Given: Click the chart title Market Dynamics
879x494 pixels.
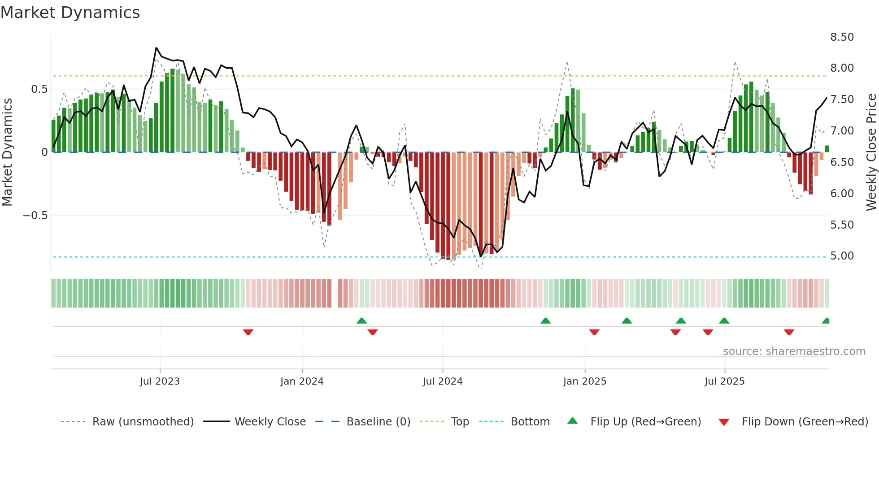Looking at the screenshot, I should pos(70,13).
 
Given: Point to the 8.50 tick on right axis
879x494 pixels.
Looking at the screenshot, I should pos(842,37).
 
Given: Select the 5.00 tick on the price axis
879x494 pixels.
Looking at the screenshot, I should pos(842,256).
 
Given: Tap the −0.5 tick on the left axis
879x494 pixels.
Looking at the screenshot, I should pos(35,216).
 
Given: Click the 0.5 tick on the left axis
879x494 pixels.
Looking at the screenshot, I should pos(39,89).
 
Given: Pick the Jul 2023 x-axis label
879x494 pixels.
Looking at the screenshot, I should pos(160,381).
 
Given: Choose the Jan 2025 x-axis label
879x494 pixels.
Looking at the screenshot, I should pos(584,381).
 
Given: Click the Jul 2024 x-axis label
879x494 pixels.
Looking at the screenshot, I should pos(442,381).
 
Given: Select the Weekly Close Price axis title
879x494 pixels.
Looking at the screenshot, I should pos(871,152).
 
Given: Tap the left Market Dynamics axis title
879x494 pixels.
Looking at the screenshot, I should pos(7,152).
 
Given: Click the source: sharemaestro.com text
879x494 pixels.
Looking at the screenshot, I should pos(794,351).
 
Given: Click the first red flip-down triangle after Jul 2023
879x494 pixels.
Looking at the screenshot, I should pos(248,332).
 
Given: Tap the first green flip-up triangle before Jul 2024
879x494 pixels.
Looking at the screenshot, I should pos(361,321).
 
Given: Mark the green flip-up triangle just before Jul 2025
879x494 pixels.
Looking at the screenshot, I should pos(724,321).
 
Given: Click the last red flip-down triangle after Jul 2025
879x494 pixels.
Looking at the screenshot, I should pos(789,332).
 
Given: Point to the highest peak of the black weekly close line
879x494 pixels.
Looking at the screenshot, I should pos(156,48).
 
